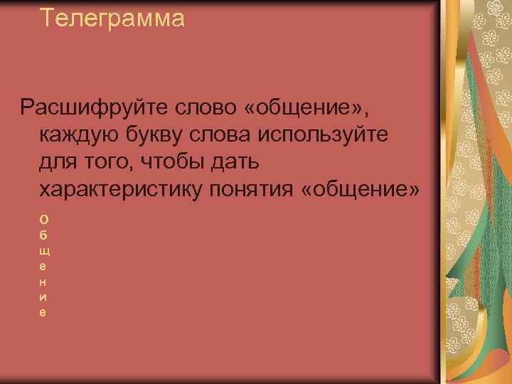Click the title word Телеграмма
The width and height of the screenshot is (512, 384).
(x=112, y=18)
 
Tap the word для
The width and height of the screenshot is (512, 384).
(x=60, y=163)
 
